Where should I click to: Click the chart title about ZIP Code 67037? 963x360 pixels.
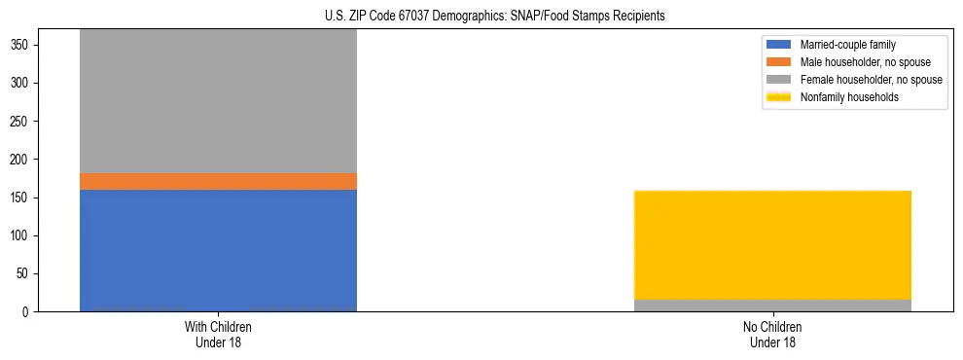[x=495, y=17]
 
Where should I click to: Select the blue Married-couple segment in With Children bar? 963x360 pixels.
[x=218, y=250]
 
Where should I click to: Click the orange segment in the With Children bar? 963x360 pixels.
[x=218, y=181]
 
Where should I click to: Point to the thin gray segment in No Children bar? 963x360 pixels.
[x=772, y=306]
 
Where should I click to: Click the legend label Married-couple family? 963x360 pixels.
[x=847, y=45]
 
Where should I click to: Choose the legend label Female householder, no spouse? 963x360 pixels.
[x=871, y=80]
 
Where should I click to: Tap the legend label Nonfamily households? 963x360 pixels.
[x=849, y=97]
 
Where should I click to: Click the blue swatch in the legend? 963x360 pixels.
[x=779, y=45]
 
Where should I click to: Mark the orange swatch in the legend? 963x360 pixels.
[x=779, y=62]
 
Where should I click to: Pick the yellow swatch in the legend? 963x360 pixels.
[x=779, y=97]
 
